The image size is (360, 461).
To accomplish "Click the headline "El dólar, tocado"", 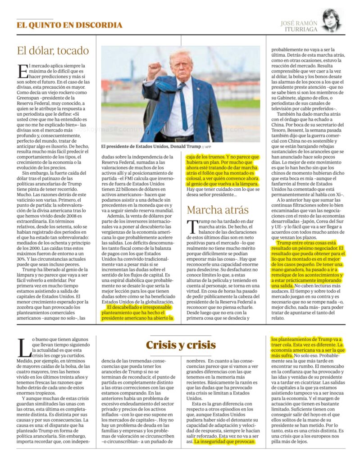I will coord(53,50).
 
